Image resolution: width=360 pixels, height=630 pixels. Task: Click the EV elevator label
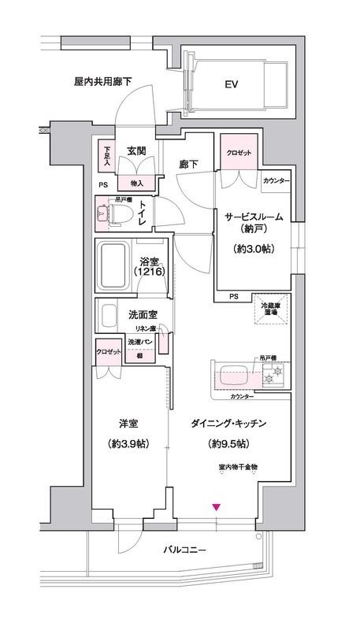[x=231, y=83]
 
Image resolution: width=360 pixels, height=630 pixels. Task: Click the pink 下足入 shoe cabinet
[x=107, y=153]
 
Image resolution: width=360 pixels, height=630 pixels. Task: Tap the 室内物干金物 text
[x=238, y=467]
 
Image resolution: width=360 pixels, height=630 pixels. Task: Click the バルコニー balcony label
[x=185, y=570]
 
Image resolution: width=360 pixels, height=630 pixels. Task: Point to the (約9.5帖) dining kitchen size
[x=228, y=443]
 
